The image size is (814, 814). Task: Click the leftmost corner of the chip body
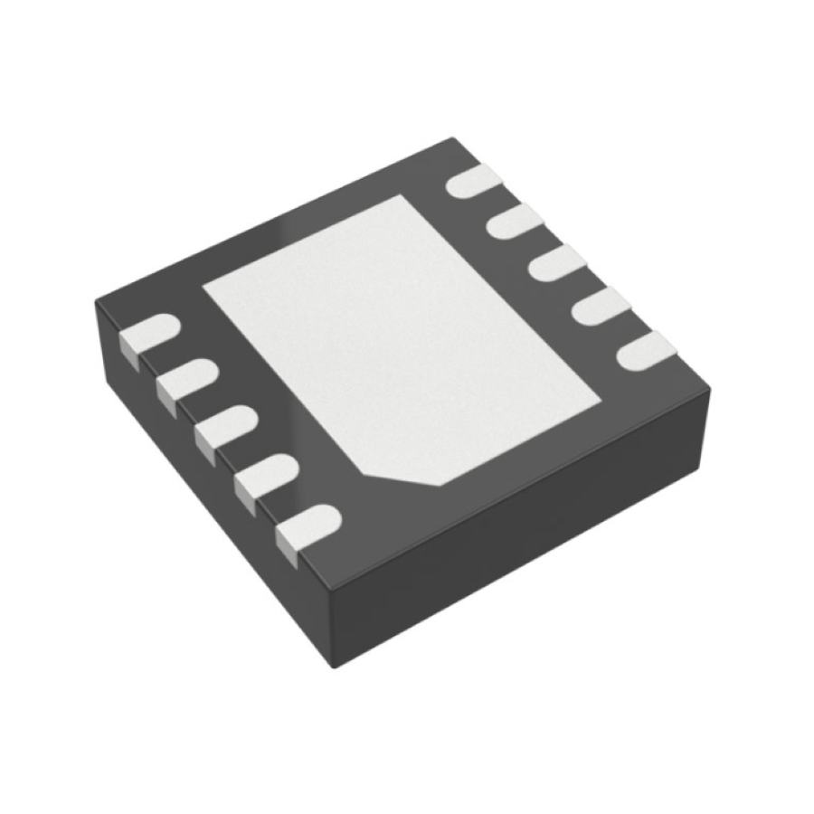96,305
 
